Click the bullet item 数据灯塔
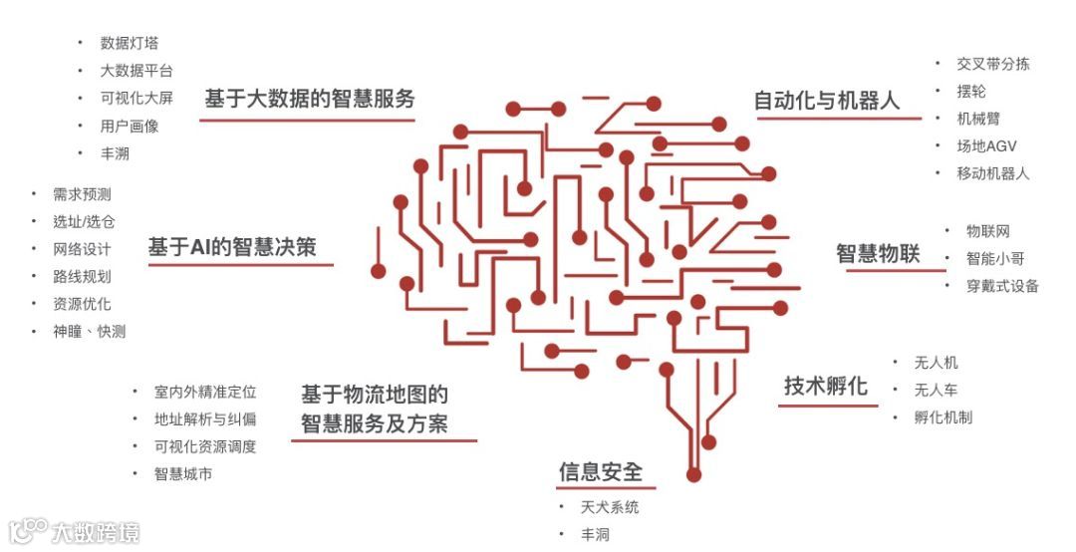tap(129, 44)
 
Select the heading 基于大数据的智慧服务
tap(309, 99)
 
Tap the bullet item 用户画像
tap(129, 127)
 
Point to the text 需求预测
tap(82, 194)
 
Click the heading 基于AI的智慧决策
tap(232, 247)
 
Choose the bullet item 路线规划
tap(82, 277)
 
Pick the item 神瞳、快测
tap(89, 332)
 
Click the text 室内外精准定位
tap(205, 393)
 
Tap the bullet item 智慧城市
tap(182, 474)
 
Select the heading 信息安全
tap(601, 471)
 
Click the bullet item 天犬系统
tap(610, 508)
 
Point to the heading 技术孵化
tap(825, 387)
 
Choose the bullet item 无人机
tap(936, 363)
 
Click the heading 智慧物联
tap(878, 253)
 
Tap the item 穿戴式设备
tap(1002, 287)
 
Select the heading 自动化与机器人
tap(827, 101)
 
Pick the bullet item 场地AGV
tap(986, 146)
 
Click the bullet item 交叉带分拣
tap(992, 64)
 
